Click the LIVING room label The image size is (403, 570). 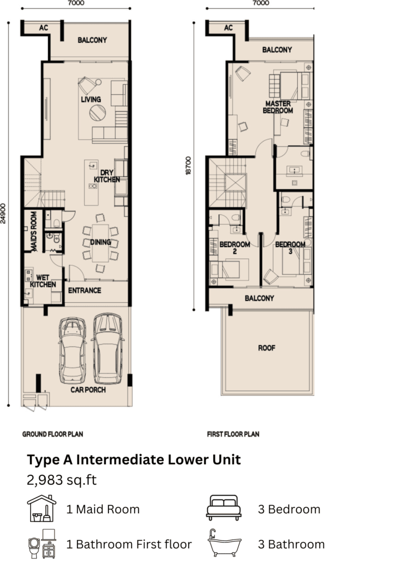pyautogui.click(x=91, y=99)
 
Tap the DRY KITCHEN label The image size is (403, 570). pyautogui.click(x=107, y=176)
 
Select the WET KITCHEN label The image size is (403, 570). pyautogui.click(x=43, y=281)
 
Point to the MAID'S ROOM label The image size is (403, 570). pyautogui.click(x=34, y=231)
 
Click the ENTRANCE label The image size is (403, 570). pyautogui.click(x=85, y=291)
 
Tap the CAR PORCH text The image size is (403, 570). pyautogui.click(x=88, y=390)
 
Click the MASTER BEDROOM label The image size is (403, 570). pyautogui.click(x=278, y=107)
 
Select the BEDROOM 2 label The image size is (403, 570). pyautogui.click(x=235, y=248)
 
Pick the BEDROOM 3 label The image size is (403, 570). pyautogui.click(x=290, y=248)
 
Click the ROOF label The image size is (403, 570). pyautogui.click(x=267, y=348)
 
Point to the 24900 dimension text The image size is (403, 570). pyautogui.click(x=3, y=213)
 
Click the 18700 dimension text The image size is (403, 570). pyautogui.click(x=188, y=166)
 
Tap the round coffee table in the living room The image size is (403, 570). pyautogui.click(x=97, y=112)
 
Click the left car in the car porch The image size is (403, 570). pyautogui.click(x=73, y=351)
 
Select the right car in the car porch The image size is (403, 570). pyautogui.click(x=108, y=348)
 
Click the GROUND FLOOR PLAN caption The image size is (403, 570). pyautogui.click(x=53, y=434)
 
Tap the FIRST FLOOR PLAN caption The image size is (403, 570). pyautogui.click(x=233, y=434)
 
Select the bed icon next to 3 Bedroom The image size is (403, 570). pyautogui.click(x=224, y=508)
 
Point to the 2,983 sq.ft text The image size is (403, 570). pyautogui.click(x=62, y=480)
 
